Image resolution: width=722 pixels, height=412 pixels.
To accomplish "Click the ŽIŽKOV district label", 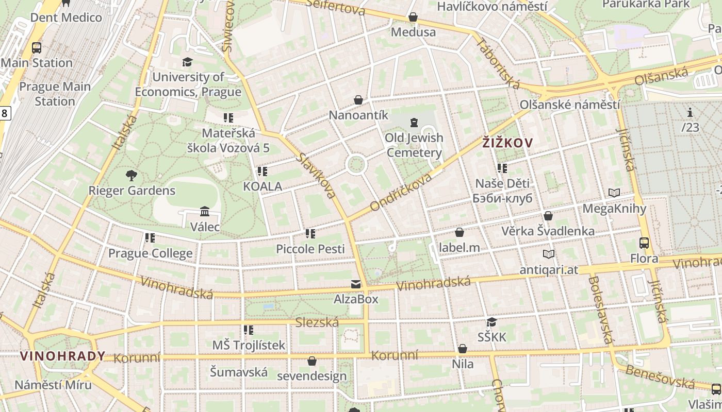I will coord(507,143).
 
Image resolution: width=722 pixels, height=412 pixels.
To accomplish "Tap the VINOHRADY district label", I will coord(62,356).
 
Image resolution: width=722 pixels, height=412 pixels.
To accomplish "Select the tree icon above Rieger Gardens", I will coord(132,176).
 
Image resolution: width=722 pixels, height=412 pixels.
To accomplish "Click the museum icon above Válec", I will coord(205,212).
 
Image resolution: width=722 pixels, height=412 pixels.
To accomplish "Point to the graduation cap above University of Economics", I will coord(187,62).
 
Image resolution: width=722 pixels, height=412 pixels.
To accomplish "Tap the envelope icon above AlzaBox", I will coord(355,284).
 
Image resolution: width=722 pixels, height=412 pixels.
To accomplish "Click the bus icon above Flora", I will coord(644,243).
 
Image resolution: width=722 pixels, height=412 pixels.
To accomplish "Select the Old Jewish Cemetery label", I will coord(414,145).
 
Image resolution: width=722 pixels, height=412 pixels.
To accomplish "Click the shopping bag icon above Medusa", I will coord(413,17).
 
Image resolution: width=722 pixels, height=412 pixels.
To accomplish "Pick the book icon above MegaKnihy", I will coord(614,193).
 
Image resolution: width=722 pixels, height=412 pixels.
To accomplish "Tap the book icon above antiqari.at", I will coord(549,254).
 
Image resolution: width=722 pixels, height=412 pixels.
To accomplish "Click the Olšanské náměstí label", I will coord(569,105).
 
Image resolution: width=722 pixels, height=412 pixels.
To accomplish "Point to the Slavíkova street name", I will coord(317,175).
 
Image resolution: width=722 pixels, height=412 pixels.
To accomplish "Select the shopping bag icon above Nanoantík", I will coord(358,100).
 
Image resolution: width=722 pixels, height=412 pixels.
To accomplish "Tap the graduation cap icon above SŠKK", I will coord(491,322).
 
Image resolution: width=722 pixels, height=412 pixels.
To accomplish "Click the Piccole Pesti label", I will coord(310,249).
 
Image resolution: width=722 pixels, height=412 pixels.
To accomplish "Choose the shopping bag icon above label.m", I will coord(459,233).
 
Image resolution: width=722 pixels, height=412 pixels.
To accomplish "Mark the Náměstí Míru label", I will coord(53,385).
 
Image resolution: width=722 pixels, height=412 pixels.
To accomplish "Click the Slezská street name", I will coord(317,322).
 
